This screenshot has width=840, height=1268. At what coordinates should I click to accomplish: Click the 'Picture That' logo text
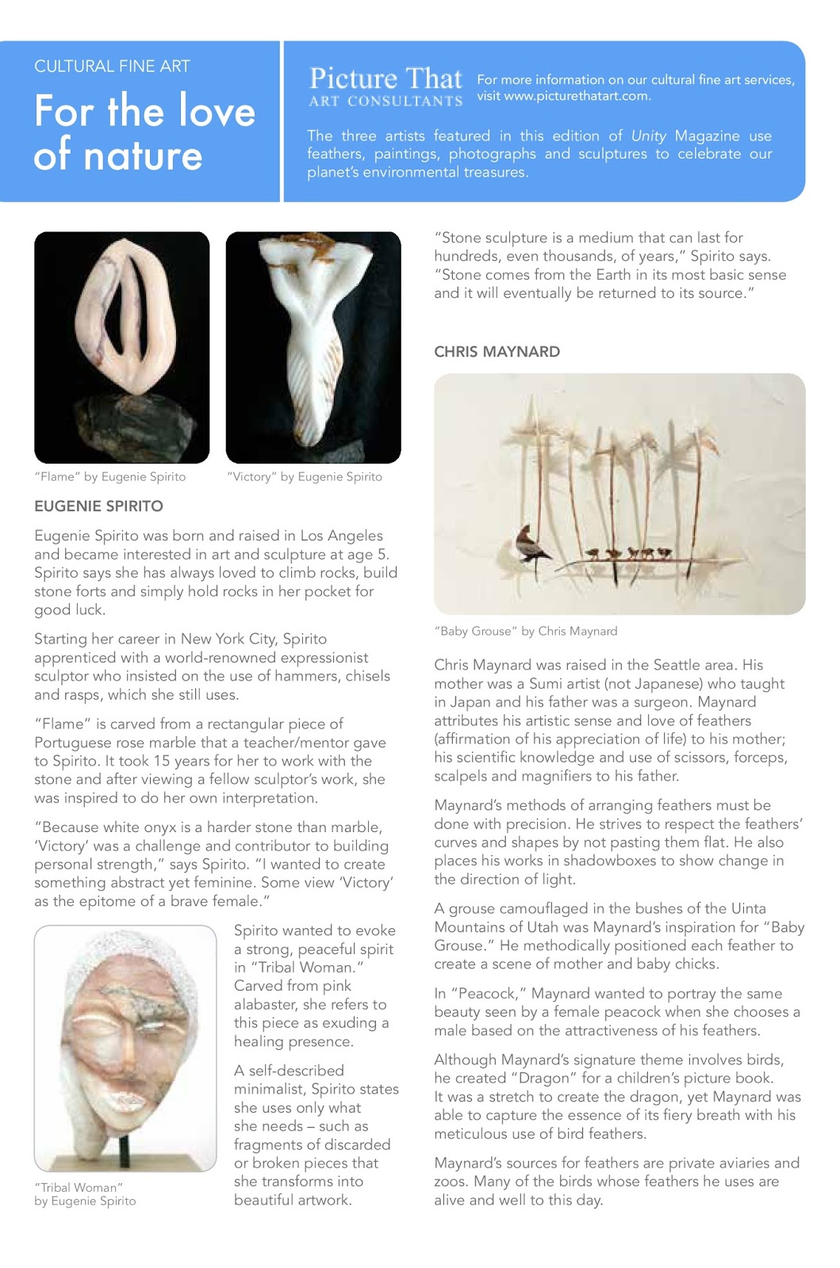tap(385, 78)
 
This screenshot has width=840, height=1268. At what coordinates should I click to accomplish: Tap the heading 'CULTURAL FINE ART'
tap(112, 67)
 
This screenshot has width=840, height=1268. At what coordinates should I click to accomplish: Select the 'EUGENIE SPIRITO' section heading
tap(98, 506)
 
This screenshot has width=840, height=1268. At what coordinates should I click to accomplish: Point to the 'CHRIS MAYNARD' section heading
tap(497, 352)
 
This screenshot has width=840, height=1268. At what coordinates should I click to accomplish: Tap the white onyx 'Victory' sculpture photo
tap(313, 346)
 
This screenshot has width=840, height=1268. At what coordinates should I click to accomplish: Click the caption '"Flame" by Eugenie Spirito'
tap(110, 477)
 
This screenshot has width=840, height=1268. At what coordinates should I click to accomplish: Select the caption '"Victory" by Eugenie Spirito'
tap(305, 477)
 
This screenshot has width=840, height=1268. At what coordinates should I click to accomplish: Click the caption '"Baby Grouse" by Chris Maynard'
tap(525, 632)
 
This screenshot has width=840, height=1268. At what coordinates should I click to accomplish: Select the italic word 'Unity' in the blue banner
tap(649, 136)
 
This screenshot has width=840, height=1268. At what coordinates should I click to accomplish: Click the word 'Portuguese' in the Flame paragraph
tap(71, 743)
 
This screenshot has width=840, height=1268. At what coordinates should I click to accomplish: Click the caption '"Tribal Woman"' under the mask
tap(79, 1187)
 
